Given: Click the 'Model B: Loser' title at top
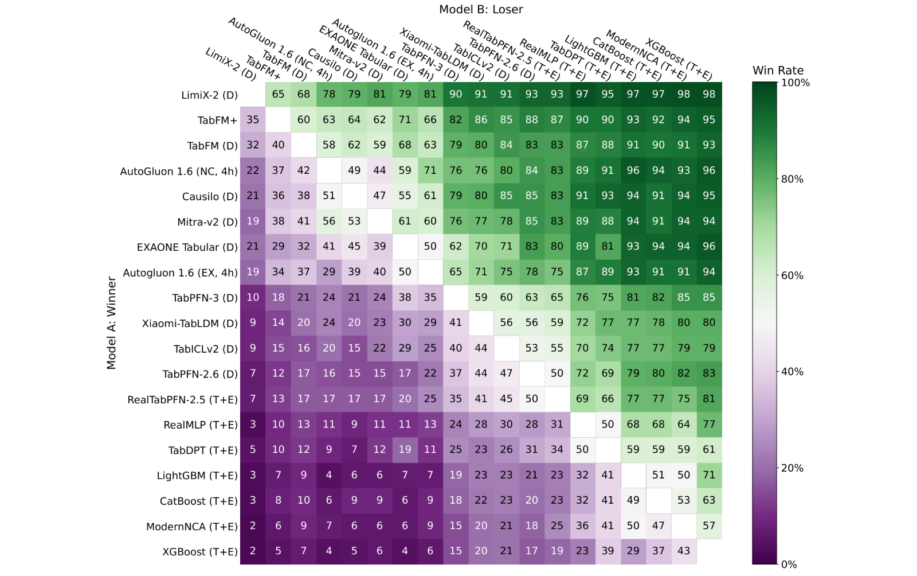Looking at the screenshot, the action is (481, 9).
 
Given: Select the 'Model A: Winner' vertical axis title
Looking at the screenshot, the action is (111, 323).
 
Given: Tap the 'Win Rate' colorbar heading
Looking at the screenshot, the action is (778, 71).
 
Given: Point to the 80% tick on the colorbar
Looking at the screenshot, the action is (779, 179).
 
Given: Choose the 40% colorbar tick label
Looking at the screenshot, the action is (792, 372).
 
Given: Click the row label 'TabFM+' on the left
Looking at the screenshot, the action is (217, 120).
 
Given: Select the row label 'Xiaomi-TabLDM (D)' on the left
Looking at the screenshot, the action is (190, 324).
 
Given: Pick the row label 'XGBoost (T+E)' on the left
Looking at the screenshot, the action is (200, 552).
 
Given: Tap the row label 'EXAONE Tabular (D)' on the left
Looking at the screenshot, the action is (187, 247).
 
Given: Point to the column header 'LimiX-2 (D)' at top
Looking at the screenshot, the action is (230, 64).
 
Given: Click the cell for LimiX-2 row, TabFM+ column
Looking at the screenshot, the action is (279, 95).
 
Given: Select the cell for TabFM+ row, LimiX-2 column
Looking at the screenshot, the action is (253, 120).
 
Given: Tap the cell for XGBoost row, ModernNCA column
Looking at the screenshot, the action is (684, 551).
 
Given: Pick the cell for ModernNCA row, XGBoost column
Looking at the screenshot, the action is (709, 526).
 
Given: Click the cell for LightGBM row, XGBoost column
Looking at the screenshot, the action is (709, 475).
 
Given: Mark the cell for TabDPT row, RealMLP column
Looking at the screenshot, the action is (582, 450).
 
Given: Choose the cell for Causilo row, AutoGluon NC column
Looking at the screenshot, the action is (329, 196).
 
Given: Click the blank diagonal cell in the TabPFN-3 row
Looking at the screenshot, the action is (456, 297).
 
